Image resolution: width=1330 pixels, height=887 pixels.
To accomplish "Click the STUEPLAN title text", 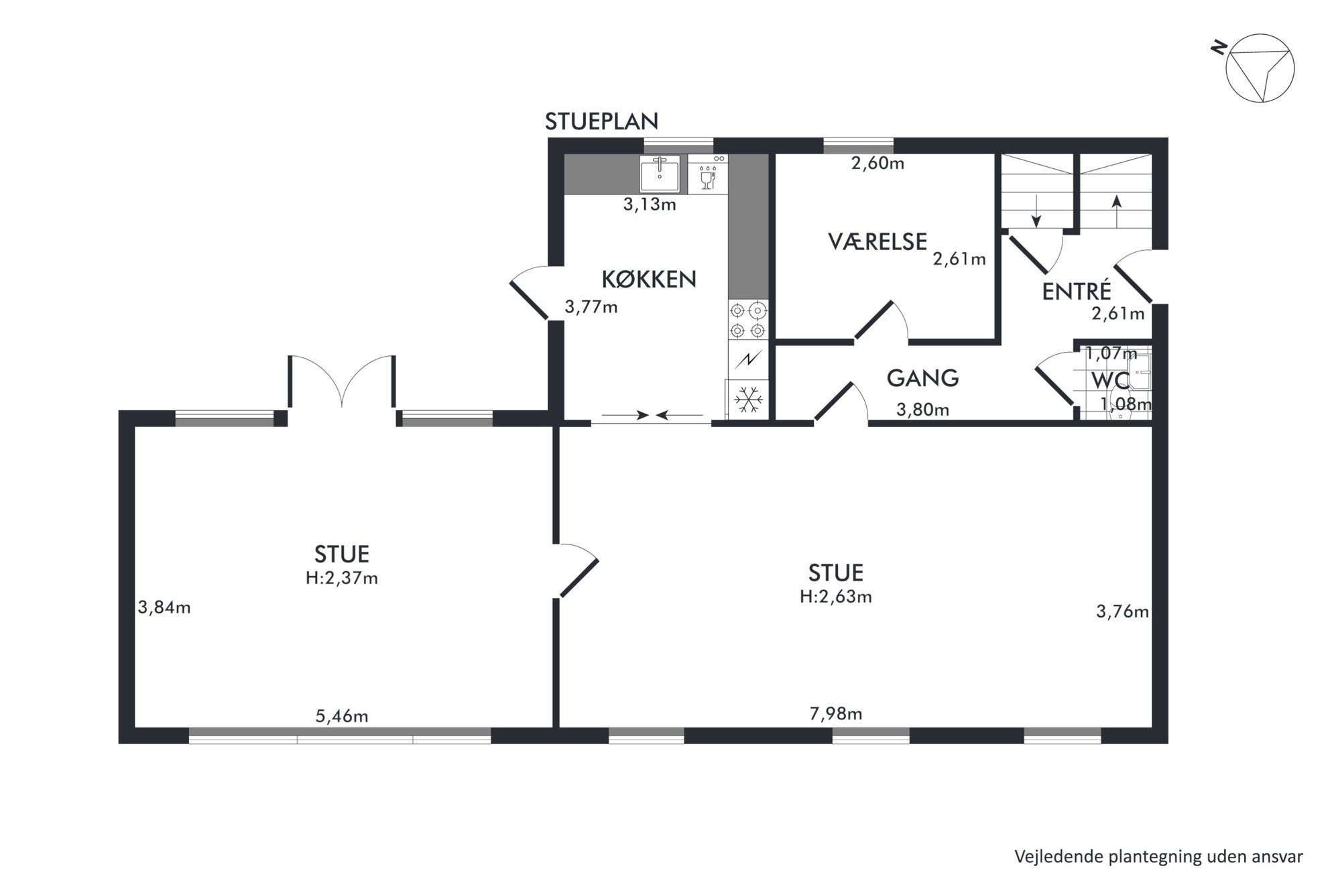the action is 601,121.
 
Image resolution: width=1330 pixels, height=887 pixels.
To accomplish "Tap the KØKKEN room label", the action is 649,279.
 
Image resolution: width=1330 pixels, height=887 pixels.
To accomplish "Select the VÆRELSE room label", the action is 878,241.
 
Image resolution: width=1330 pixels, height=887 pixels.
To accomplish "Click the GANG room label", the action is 922,378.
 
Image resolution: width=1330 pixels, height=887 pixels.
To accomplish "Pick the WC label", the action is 1110,381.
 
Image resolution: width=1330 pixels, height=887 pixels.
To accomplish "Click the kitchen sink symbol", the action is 659,174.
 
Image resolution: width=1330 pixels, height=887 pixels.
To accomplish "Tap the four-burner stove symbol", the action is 748,320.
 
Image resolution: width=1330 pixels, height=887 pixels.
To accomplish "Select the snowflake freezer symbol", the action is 748,400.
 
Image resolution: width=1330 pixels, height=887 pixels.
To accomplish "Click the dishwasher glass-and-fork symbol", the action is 708,174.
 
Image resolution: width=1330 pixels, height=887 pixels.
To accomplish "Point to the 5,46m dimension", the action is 342,716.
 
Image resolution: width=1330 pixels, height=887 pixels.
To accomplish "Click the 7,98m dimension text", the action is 836,714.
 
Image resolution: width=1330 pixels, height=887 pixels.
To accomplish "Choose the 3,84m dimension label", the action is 164,607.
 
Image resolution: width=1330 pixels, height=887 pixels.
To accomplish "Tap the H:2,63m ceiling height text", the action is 836,597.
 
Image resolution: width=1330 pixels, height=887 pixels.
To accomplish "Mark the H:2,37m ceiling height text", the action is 342,578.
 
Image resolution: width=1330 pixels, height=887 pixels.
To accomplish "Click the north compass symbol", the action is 1259,67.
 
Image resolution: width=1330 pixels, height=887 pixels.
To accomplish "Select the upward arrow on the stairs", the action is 1116,210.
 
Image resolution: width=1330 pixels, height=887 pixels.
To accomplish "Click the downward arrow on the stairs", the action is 1036,211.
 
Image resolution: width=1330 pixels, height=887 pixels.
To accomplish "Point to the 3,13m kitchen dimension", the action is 650,204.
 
